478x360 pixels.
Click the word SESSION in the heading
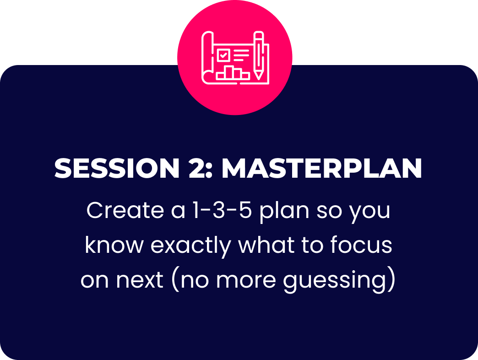click(117, 168)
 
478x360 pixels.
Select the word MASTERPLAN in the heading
click(322, 168)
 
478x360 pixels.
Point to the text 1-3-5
click(222, 210)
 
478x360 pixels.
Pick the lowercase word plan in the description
click(285, 212)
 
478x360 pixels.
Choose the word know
click(114, 245)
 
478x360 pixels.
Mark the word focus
click(361, 245)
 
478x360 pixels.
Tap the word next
click(140, 280)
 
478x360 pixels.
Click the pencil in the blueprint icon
click(259, 55)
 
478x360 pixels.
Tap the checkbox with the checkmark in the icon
click(223, 55)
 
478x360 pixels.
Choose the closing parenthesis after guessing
click(392, 280)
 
